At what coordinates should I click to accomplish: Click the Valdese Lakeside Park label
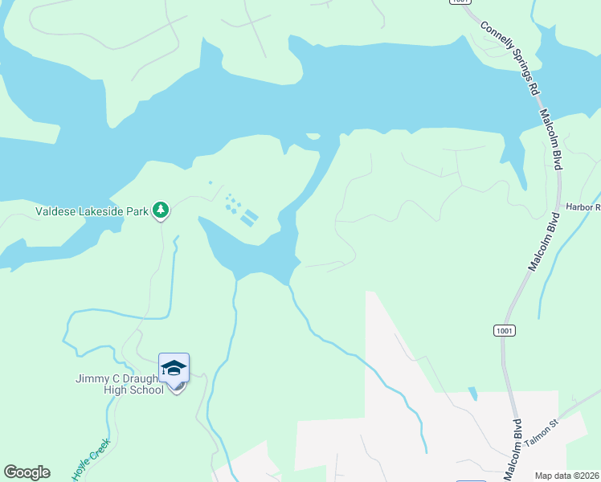[x=92, y=212]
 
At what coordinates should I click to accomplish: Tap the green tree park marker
[x=161, y=210]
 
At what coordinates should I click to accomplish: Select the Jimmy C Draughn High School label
[x=121, y=384]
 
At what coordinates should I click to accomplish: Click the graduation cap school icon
[x=174, y=369]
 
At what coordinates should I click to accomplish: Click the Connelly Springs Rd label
[x=509, y=57]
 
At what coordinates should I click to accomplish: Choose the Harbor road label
[x=584, y=207]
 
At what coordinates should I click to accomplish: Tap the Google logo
[x=27, y=472]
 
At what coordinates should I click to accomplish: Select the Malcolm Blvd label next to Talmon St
[x=512, y=450]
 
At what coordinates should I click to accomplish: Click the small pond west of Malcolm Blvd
[x=472, y=394]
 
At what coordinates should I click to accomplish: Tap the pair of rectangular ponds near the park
[x=249, y=217]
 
